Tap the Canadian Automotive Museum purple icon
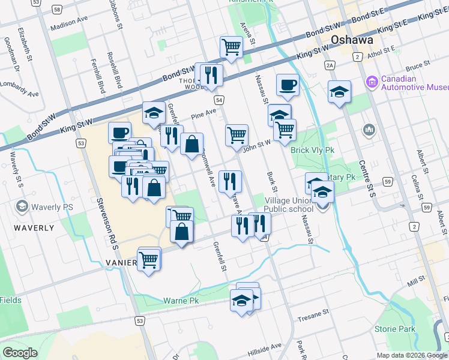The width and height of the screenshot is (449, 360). tap(370, 80)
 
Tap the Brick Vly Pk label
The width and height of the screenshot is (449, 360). tap(311, 150)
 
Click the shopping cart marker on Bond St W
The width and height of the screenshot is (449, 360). tap(231, 47)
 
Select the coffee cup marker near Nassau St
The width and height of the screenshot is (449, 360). tap(288, 85)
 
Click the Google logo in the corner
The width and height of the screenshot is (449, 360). tap(20, 353)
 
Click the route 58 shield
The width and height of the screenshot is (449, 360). tap(56, 10)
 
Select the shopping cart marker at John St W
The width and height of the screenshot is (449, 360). tap(237, 135)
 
